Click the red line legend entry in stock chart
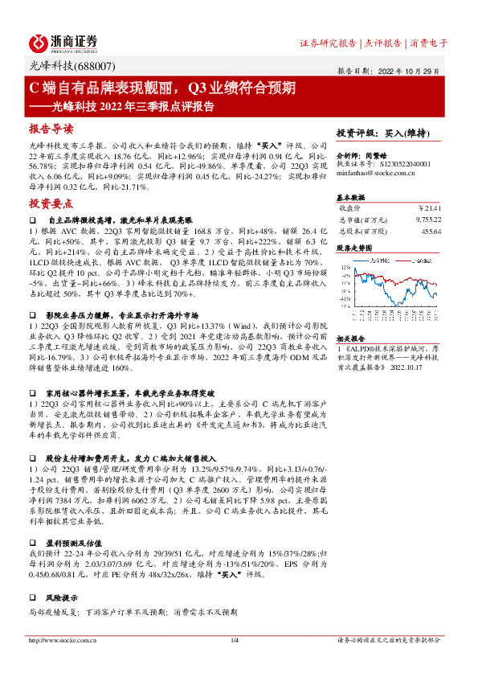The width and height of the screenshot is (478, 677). tap(412, 261)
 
